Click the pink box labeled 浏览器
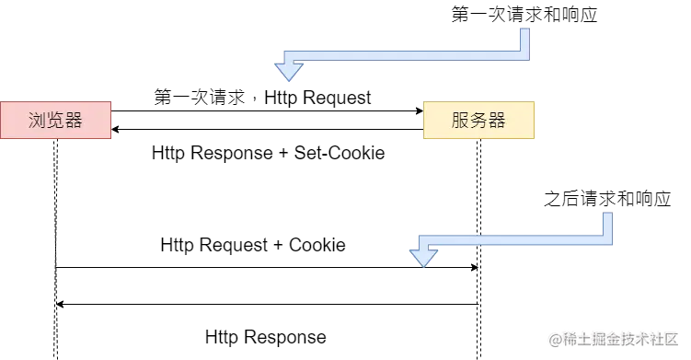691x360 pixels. [55, 121]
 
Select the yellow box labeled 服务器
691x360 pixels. [478, 121]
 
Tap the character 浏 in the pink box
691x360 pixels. [38, 121]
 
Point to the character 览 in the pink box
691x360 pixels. [55, 121]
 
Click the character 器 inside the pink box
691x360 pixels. [74, 121]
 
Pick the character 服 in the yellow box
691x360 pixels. [460, 121]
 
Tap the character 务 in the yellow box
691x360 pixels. [478, 121]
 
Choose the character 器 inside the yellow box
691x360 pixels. [497, 121]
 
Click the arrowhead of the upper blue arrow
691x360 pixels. [289, 70]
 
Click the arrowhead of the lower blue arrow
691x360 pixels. [422, 255]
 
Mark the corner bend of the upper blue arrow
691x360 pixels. [524, 57]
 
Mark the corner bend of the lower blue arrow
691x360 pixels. [610, 242]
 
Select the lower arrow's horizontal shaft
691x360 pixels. [515, 243]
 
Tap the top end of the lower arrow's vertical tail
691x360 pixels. [610, 211]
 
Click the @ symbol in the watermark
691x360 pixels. [555, 338]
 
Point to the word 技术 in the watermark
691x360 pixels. [633, 338]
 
